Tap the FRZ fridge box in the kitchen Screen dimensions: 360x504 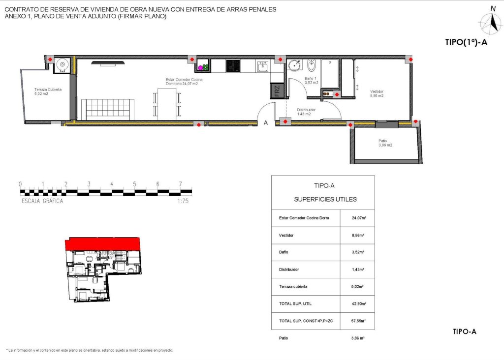click(277, 91)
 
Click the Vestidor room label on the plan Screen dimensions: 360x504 click(377, 93)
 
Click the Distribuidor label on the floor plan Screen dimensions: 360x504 click(306, 112)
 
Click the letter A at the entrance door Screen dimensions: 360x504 click(266, 123)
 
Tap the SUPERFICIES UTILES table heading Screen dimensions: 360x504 click(325, 200)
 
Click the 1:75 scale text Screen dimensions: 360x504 click(183, 201)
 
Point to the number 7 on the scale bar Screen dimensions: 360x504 click(181, 184)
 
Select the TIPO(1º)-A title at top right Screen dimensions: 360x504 click(466, 43)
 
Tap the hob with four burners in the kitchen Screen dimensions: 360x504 click(232, 65)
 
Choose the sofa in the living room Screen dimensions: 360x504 click(107, 109)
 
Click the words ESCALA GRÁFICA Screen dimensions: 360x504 click(42, 201)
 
